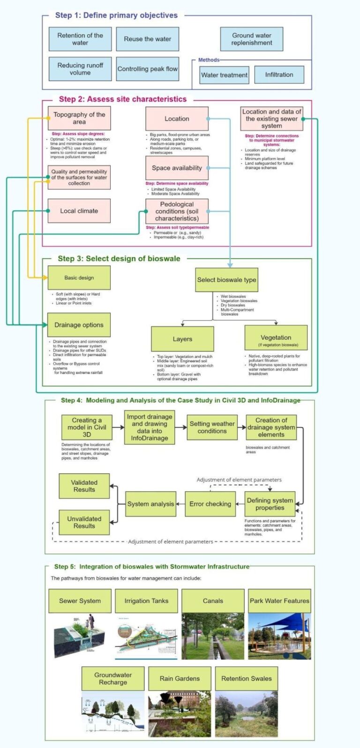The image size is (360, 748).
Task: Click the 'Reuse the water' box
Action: click(147, 39)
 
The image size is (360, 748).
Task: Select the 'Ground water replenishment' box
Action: click(251, 39)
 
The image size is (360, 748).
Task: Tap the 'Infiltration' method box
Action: click(279, 75)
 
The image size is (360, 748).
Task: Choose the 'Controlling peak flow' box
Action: click(147, 69)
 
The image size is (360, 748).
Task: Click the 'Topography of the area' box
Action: click(79, 118)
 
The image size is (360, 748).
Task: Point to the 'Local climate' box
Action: click(79, 211)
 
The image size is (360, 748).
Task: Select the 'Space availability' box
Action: click(177, 168)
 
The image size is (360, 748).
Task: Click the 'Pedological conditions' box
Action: click(177, 211)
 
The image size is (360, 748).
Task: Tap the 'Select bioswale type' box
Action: click(226, 280)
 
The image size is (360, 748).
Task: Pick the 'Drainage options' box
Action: click(79, 325)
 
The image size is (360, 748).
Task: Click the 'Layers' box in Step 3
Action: click(182, 339)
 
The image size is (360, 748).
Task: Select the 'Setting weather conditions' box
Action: click(212, 427)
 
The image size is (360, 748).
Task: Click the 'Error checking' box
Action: click(210, 504)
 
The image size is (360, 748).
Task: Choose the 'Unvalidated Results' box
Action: click(84, 522)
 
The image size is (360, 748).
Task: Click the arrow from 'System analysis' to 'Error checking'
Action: click(180, 504)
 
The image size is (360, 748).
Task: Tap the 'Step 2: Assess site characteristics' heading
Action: click(123, 99)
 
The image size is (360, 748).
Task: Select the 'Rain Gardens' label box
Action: click(180, 678)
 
